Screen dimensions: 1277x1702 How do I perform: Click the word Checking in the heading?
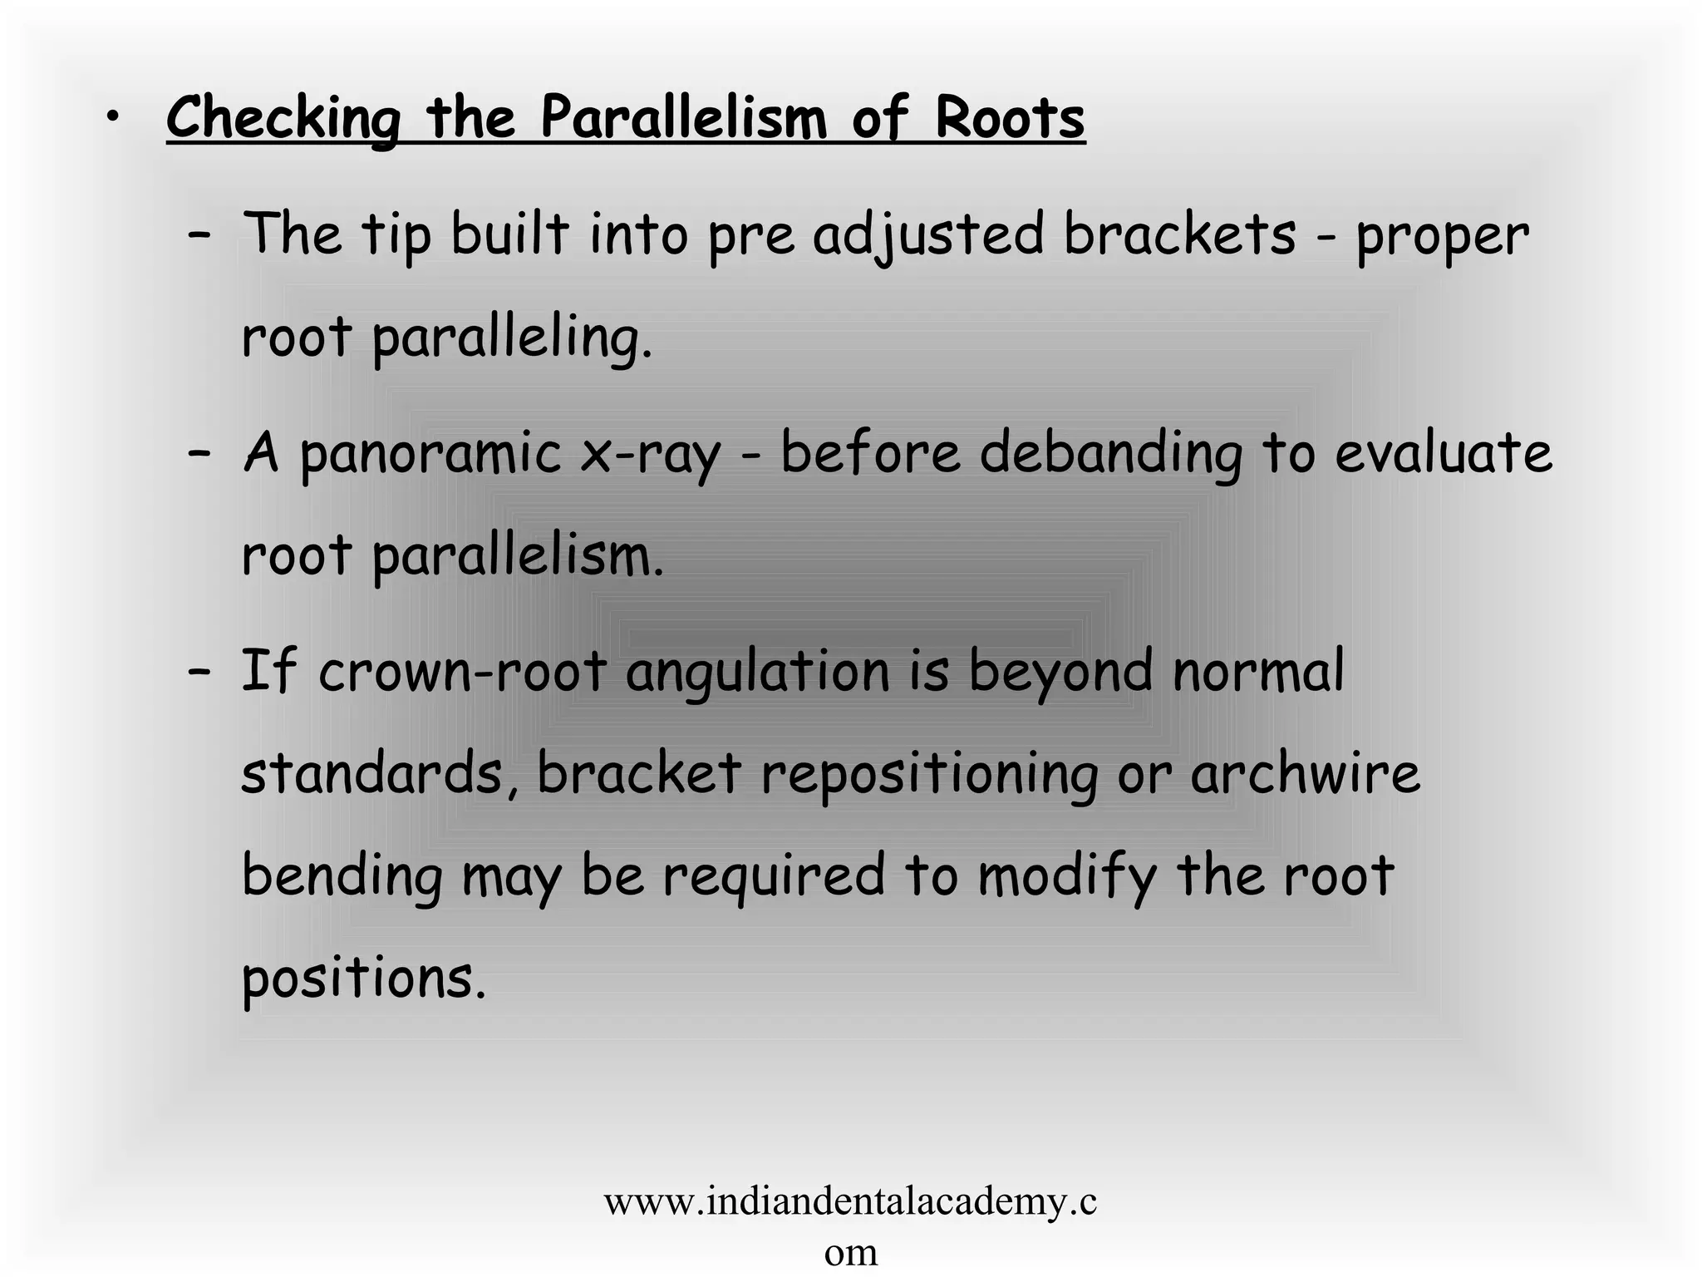pyautogui.click(x=283, y=118)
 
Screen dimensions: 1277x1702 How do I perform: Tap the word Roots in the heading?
pyautogui.click(x=1009, y=118)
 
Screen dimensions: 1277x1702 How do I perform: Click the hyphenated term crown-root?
pyautogui.click(x=461, y=672)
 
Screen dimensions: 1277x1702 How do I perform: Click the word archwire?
pyautogui.click(x=1305, y=773)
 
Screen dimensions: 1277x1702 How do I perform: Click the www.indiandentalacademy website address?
pyautogui.click(x=850, y=1202)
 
